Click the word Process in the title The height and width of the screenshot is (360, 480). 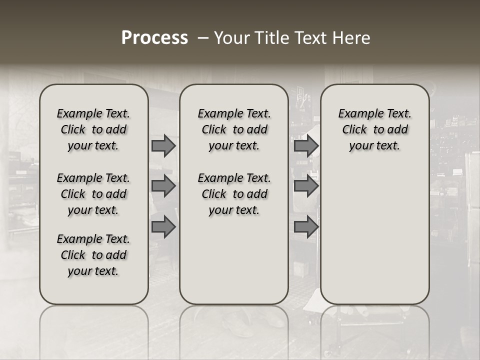click(154, 38)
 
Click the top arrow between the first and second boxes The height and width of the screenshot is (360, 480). click(163, 146)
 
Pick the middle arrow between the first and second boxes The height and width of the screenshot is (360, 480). click(163, 186)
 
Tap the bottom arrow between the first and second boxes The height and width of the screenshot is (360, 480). click(163, 227)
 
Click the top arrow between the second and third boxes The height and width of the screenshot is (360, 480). click(306, 146)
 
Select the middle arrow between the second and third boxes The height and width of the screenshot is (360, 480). click(306, 186)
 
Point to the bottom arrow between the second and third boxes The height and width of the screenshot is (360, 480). click(306, 227)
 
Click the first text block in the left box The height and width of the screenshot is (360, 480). click(93, 129)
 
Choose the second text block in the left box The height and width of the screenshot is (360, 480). click(93, 194)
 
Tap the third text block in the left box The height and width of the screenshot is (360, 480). click(93, 255)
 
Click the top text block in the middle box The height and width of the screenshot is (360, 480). click(234, 129)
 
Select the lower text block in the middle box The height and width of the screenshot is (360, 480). click(234, 194)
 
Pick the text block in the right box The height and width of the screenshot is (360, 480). click(375, 129)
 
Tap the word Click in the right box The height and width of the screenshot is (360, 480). click(354, 130)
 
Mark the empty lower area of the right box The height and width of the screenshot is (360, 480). click(375, 230)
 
